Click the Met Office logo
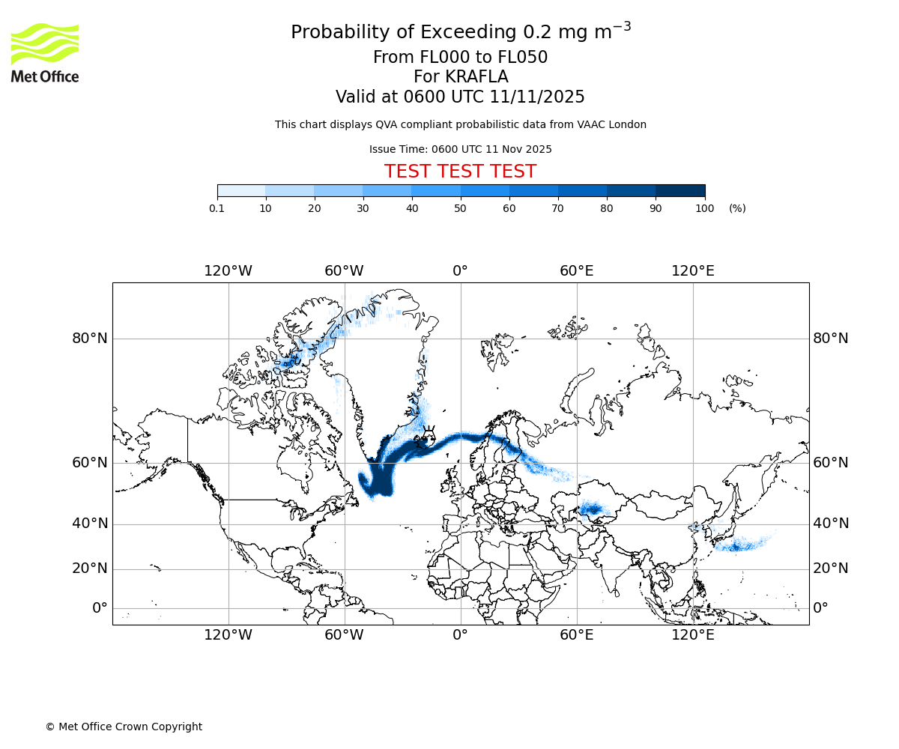pyautogui.click(x=45, y=52)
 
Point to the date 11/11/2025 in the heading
pyautogui.click(x=537, y=97)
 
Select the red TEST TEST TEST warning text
pyautogui.click(x=460, y=172)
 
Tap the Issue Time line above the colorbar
pyautogui.click(x=460, y=149)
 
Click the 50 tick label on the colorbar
pyautogui.click(x=461, y=208)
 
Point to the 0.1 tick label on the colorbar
pyautogui.click(x=217, y=208)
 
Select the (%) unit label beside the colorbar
pyautogui.click(x=737, y=208)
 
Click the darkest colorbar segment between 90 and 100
pyautogui.click(x=680, y=191)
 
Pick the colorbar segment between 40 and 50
pyautogui.click(x=436, y=191)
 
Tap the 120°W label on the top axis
pyautogui.click(x=228, y=271)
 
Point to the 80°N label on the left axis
pyautogui.click(x=90, y=339)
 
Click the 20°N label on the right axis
pyautogui.click(x=831, y=568)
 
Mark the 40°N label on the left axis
pyautogui.click(x=90, y=524)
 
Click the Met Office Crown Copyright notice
pyautogui.click(x=124, y=727)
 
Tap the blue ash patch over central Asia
pyautogui.click(x=592, y=511)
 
